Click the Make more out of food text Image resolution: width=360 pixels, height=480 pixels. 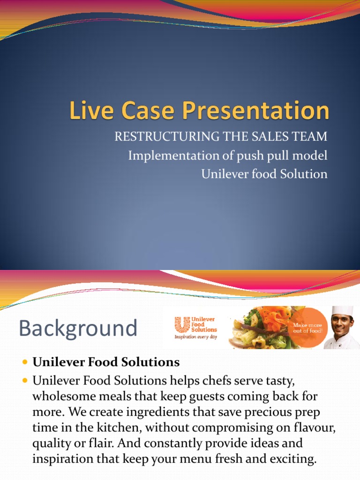pos(307,328)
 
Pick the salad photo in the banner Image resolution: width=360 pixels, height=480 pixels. pos(260,328)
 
